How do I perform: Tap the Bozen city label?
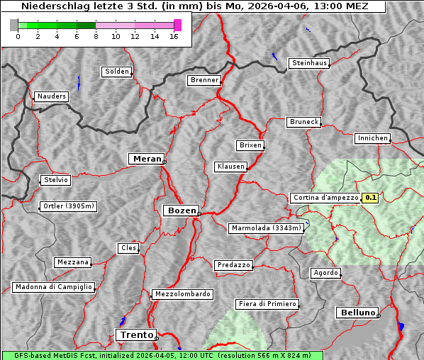point(180,210)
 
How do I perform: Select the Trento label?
point(135,334)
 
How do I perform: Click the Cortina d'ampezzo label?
point(325,198)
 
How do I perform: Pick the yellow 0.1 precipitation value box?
point(370,198)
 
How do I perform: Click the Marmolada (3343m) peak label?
point(266,228)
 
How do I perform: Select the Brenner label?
point(204,80)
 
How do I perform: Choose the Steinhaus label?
point(310,63)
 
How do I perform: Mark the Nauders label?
point(52,96)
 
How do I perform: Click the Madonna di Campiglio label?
point(53,287)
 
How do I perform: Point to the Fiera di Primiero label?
point(267,304)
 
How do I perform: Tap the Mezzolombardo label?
point(182,294)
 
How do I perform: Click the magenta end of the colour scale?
point(177,25)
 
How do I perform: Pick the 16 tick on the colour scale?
point(174,36)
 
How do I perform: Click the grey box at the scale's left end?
point(14,25)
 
